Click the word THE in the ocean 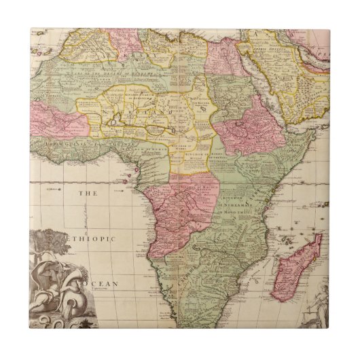pos(87,194)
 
